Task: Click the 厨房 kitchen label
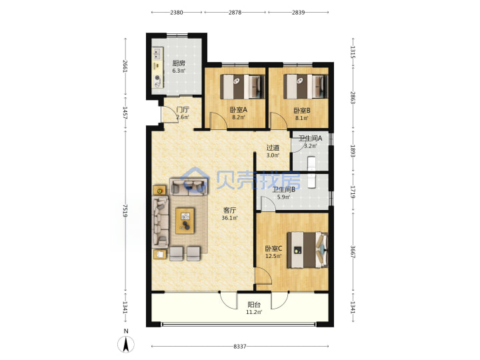(179, 63)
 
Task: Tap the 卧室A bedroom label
(239, 109)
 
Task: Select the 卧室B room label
(302, 110)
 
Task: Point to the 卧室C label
(274, 249)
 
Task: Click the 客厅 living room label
(229, 210)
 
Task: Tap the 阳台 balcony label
(254, 305)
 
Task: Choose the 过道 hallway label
(273, 148)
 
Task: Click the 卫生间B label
(284, 189)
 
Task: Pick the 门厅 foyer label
(183, 109)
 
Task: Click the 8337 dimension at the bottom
(240, 346)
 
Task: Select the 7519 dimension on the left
(125, 211)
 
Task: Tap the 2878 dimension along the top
(235, 12)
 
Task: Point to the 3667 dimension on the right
(353, 251)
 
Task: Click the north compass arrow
(126, 345)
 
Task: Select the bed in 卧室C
(307, 250)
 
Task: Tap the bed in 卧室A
(242, 87)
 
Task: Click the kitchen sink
(157, 53)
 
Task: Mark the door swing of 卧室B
(278, 120)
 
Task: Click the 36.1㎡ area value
(229, 218)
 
